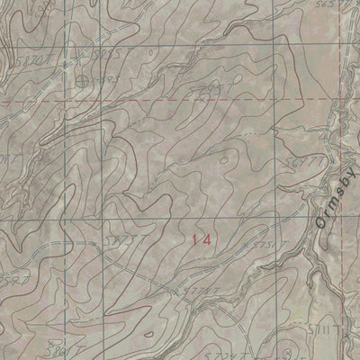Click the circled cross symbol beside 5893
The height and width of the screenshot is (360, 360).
pos(83,81)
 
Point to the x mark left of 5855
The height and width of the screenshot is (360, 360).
pos(93,56)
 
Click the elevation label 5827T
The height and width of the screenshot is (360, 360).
pos(130,244)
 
